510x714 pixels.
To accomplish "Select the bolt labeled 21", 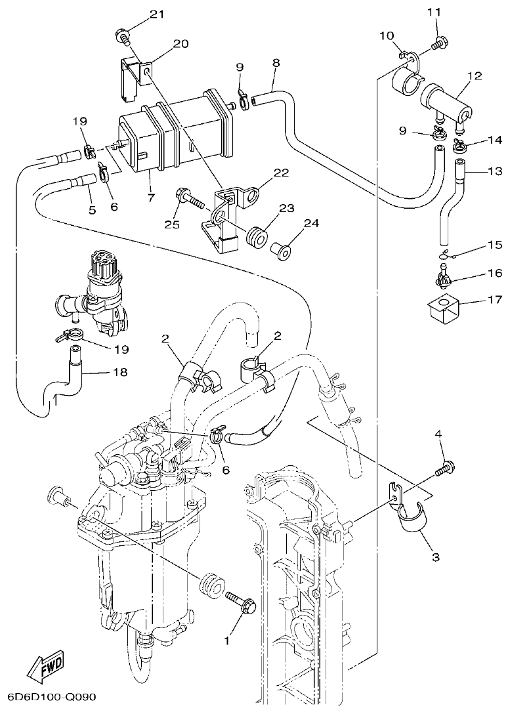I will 123,34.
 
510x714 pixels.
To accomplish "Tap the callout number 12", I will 474,75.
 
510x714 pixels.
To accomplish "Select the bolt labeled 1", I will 240,603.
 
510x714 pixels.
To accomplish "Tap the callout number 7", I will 152,197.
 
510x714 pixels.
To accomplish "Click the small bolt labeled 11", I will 438,44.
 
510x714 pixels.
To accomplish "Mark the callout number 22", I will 282,172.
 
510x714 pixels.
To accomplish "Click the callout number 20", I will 181,44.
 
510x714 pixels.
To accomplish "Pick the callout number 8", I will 276,63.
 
